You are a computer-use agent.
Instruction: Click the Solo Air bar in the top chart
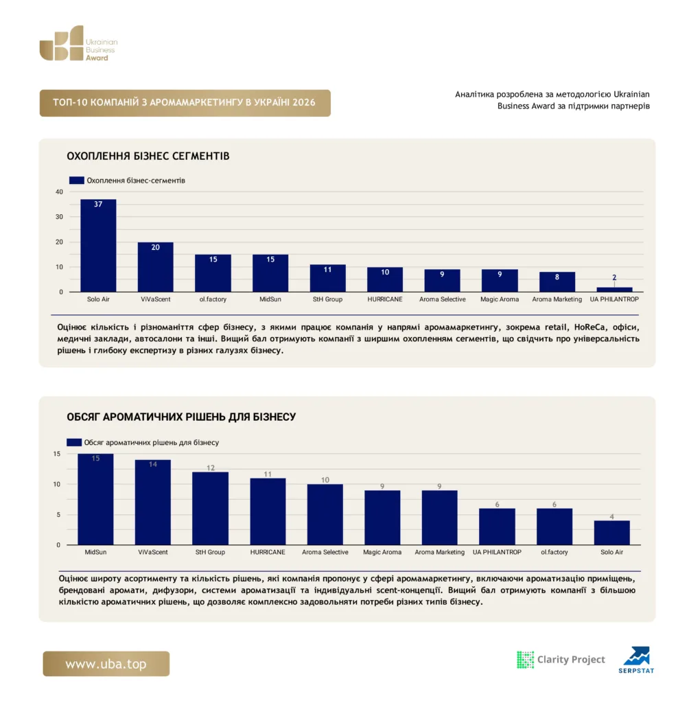point(98,246)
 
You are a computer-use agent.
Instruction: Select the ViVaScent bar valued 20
point(156,267)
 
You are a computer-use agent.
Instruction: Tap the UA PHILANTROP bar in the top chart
point(614,290)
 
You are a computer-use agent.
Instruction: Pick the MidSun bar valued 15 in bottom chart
point(95,500)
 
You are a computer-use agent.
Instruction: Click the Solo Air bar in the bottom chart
point(612,533)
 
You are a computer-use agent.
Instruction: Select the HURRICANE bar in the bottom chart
point(268,511)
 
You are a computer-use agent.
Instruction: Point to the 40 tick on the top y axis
point(59,192)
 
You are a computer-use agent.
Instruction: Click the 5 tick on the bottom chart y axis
point(58,515)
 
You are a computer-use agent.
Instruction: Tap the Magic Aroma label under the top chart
point(500,299)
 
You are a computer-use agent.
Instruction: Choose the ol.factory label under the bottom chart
point(554,552)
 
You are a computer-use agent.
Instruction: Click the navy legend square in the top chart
point(77,181)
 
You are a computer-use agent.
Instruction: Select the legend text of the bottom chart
point(152,443)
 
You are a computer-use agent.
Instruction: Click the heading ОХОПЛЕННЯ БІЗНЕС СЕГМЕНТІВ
point(148,156)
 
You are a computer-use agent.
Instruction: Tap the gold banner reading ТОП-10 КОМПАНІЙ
point(185,103)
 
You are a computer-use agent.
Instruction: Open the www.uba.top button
point(106,664)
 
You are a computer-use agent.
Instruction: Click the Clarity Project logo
point(561,660)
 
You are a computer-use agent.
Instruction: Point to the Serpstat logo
point(636,660)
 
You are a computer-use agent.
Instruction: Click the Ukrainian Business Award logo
point(78,43)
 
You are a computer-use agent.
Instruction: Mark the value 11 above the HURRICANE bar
point(268,474)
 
